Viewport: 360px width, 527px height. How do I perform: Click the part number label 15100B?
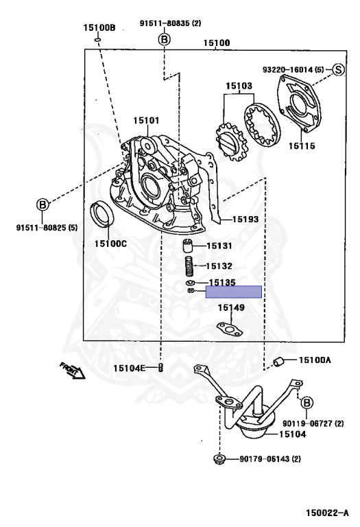[x=99, y=28]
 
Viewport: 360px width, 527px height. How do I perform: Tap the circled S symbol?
[x=338, y=69]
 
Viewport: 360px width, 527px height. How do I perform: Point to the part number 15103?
[x=239, y=86]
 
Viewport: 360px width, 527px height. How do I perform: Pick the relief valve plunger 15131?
[x=187, y=247]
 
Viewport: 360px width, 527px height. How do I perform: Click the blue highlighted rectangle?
[x=233, y=292]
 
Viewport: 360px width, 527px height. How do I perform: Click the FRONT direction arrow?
[x=71, y=371]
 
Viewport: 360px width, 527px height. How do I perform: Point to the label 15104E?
[x=130, y=368]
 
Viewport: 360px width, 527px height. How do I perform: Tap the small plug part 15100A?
[x=278, y=362]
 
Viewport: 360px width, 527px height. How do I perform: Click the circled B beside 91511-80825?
[x=43, y=204]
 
